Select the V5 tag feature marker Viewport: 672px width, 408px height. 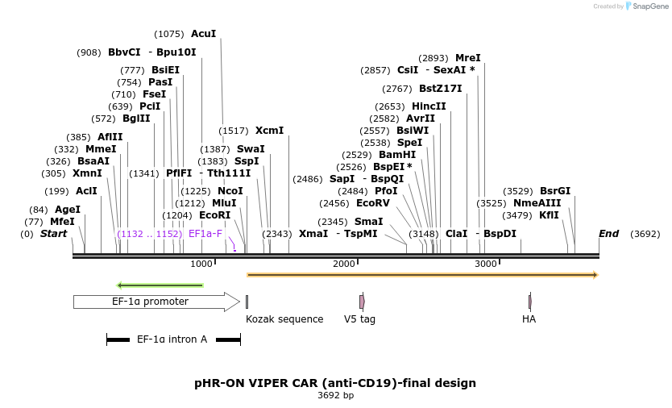click(362, 302)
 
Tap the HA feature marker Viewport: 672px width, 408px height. click(529, 302)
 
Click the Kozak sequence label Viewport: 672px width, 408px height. click(284, 319)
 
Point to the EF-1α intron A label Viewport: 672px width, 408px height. click(172, 339)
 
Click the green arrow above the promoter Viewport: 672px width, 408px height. click(160, 285)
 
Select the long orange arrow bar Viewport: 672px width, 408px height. click(422, 275)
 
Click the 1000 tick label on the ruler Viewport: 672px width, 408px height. click(201, 264)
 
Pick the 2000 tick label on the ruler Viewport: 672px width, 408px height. click(344, 264)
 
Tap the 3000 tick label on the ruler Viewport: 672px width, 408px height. click(486, 264)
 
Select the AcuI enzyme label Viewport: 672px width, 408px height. click(203, 34)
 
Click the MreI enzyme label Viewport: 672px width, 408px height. click(467, 58)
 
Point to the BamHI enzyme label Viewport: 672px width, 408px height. click(397, 155)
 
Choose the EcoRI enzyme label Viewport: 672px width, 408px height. click(214, 215)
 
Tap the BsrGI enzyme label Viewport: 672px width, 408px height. click(554, 191)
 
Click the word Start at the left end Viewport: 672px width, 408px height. click(53, 234)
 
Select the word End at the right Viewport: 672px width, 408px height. click(608, 234)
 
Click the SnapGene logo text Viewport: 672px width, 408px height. click(650, 6)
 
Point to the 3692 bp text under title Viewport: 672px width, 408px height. click(335, 395)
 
